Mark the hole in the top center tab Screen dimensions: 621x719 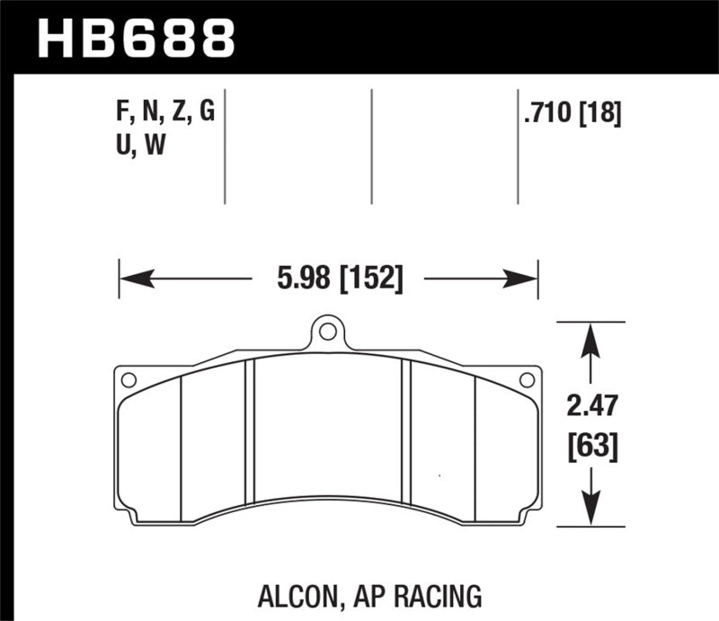[x=328, y=333]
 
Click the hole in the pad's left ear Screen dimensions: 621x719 [x=129, y=379]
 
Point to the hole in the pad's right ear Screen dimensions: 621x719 [x=528, y=379]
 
